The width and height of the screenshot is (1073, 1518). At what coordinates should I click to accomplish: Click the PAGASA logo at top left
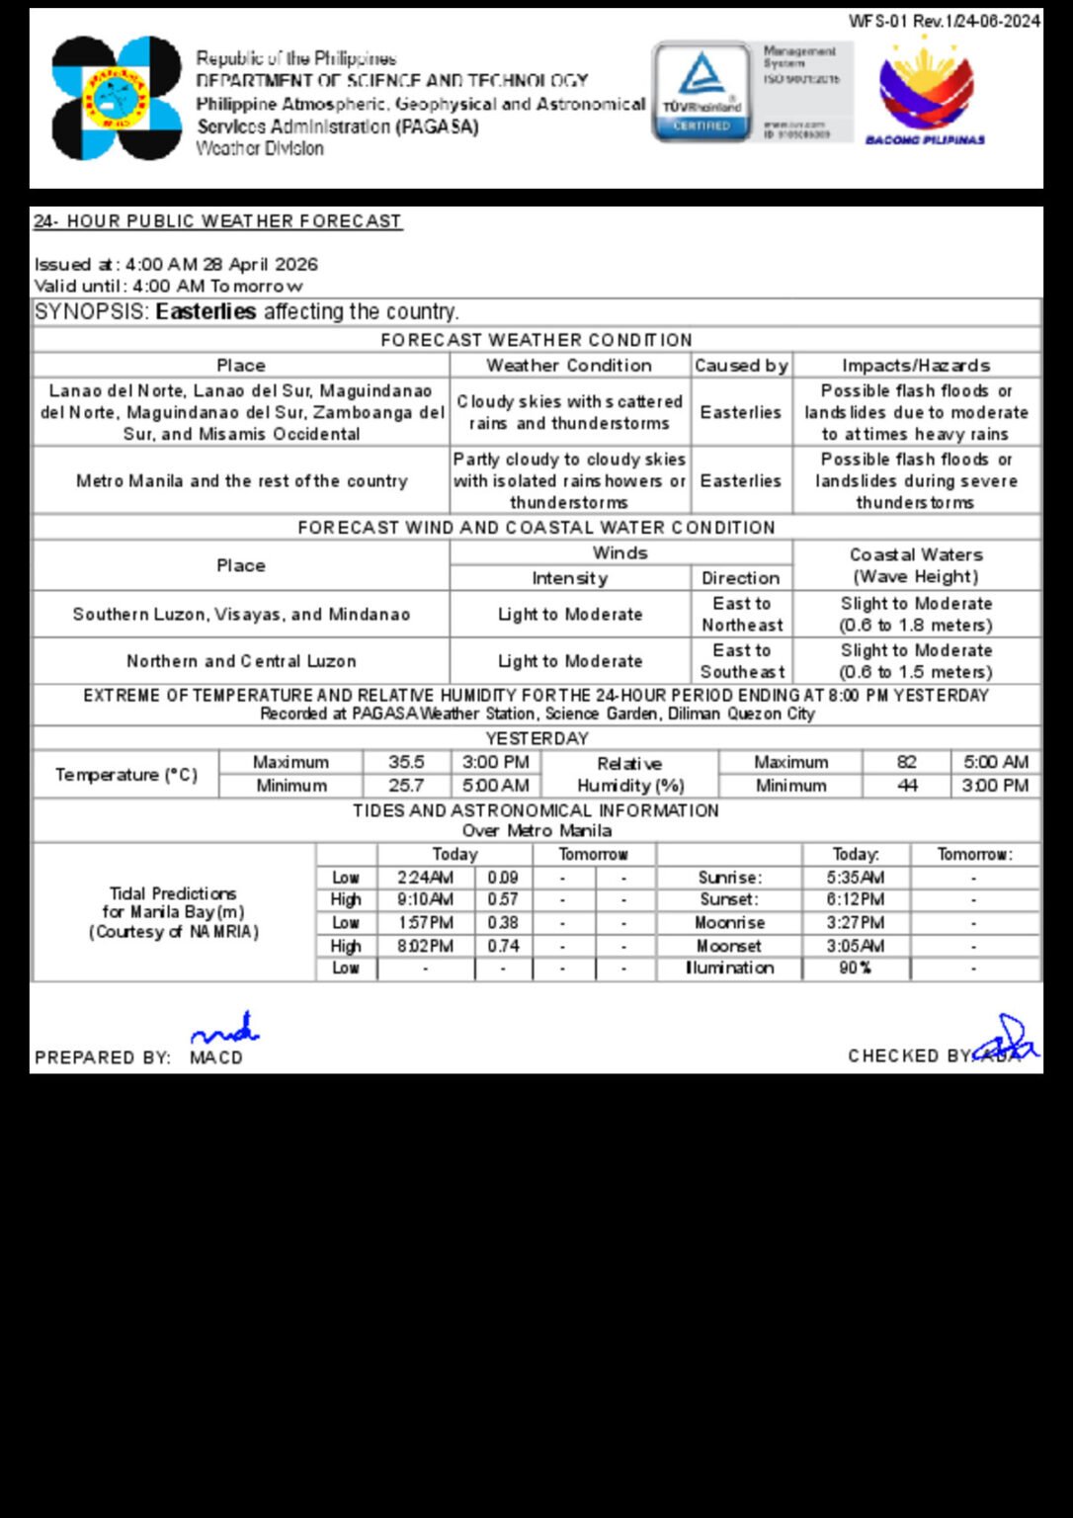pyautogui.click(x=117, y=98)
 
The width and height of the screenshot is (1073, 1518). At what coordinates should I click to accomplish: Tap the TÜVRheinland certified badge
pyautogui.click(x=702, y=91)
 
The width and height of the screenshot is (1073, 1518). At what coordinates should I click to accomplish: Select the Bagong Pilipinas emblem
pyautogui.click(x=926, y=94)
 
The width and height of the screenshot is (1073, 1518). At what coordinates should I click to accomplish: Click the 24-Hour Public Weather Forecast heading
pyautogui.click(x=217, y=221)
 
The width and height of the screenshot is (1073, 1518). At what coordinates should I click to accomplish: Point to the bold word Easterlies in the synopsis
pyautogui.click(x=206, y=312)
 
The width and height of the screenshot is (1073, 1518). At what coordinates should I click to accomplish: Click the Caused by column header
pyautogui.click(x=741, y=366)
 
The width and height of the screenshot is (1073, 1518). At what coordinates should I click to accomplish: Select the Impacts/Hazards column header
pyautogui.click(x=916, y=366)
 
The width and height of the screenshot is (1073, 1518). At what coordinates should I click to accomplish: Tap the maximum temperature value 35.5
pyautogui.click(x=406, y=762)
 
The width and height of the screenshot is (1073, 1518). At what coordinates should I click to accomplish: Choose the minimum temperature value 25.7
pyautogui.click(x=406, y=786)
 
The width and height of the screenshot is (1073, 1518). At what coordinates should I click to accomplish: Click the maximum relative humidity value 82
pyautogui.click(x=906, y=762)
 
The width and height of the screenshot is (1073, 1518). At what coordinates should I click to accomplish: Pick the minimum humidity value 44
pyautogui.click(x=906, y=786)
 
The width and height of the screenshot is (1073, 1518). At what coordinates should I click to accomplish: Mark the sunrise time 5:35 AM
pyautogui.click(x=856, y=878)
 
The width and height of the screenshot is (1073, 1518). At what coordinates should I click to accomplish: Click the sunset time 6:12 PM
pyautogui.click(x=856, y=899)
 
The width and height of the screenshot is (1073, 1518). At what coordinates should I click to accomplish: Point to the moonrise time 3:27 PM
pyautogui.click(x=856, y=922)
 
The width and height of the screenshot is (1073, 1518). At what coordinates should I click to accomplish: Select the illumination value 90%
pyautogui.click(x=856, y=969)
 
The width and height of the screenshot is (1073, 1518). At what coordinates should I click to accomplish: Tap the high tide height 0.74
pyautogui.click(x=503, y=946)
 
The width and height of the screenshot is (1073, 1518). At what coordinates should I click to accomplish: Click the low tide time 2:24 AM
pyautogui.click(x=426, y=878)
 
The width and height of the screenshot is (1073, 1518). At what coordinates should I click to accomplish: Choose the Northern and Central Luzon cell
pyautogui.click(x=241, y=661)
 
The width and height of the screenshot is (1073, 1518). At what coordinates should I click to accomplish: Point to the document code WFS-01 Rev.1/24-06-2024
pyautogui.click(x=944, y=21)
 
